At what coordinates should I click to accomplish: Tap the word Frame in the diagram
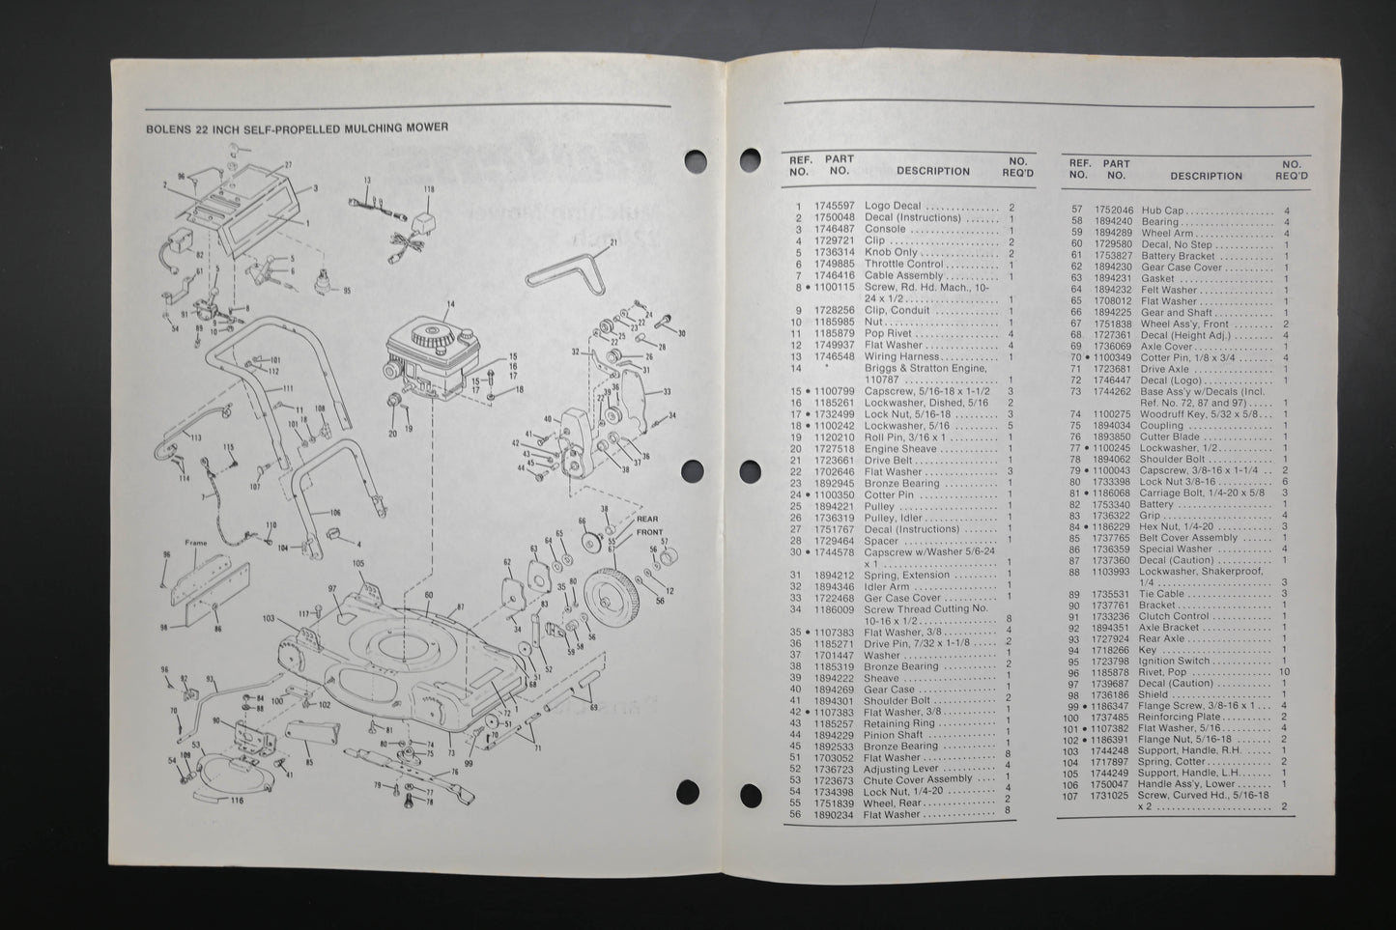[196, 543]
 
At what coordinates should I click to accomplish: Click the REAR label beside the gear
[646, 519]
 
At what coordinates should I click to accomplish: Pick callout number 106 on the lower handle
[334, 512]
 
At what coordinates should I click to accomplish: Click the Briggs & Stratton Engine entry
[926, 368]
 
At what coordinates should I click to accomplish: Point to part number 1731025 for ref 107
[1111, 796]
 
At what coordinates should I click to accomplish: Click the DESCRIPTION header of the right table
[1206, 177]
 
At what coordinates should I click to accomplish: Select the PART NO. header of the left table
[839, 165]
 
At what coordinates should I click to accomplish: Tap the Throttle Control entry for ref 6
[903, 264]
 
